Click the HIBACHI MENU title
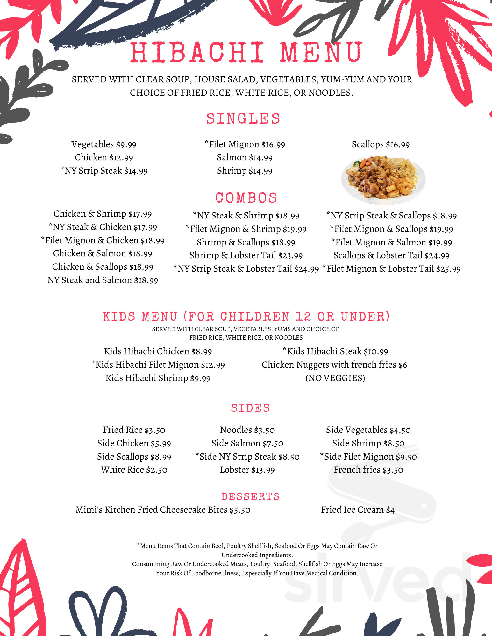click(246, 52)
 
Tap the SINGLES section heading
click(243, 119)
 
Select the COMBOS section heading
click(246, 198)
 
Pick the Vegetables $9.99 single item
click(104, 144)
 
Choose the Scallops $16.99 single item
click(381, 144)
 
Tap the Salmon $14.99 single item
click(245, 157)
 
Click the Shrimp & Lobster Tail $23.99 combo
click(246, 255)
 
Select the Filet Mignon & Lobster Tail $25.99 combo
click(392, 269)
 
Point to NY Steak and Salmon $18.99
click(103, 280)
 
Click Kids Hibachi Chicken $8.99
click(158, 351)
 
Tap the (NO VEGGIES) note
click(335, 378)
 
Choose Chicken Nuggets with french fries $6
click(334, 365)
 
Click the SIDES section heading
click(250, 408)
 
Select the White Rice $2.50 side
click(134, 470)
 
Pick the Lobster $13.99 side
click(247, 470)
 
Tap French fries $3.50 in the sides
click(368, 470)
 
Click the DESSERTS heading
click(250, 496)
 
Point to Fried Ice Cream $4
click(358, 510)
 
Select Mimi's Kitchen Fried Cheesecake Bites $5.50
click(163, 510)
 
